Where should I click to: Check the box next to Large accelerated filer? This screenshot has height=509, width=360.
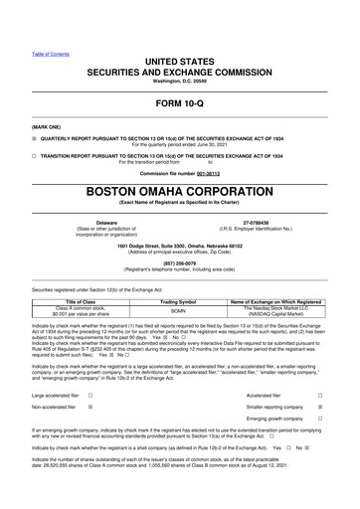pyautogui.click(x=90, y=395)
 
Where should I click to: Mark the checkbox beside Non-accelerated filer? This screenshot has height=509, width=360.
pyautogui.click(x=90, y=408)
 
